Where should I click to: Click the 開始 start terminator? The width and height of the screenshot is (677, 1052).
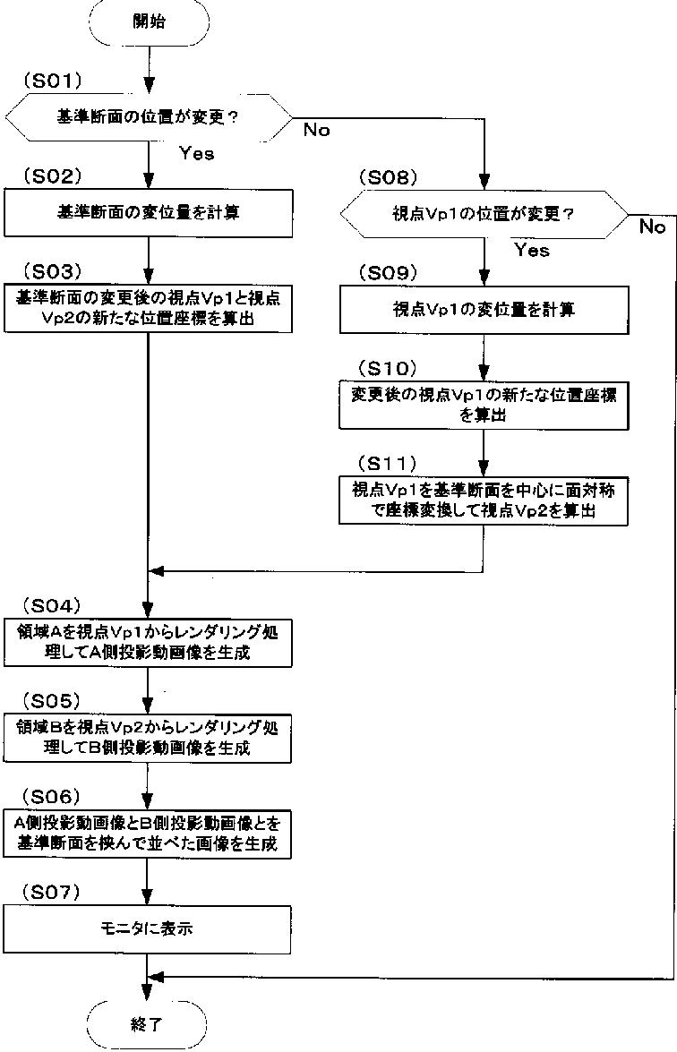point(148,23)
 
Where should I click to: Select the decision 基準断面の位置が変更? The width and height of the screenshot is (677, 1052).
point(149,117)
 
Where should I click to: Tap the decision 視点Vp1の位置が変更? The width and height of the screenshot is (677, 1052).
point(484,215)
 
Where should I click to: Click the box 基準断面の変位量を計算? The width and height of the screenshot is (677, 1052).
point(149,213)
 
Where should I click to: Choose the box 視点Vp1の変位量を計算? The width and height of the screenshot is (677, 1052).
point(484,310)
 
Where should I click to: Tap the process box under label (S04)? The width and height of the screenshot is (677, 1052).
point(149,643)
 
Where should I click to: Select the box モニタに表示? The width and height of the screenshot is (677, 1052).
point(149,929)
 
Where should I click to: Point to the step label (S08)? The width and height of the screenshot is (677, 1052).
point(388,177)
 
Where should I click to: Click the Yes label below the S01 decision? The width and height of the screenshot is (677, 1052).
point(196,153)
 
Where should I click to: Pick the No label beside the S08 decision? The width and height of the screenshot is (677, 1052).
point(652,227)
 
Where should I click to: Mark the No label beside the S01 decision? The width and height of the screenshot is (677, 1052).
point(316,131)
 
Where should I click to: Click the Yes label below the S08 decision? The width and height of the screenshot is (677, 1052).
point(531,251)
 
